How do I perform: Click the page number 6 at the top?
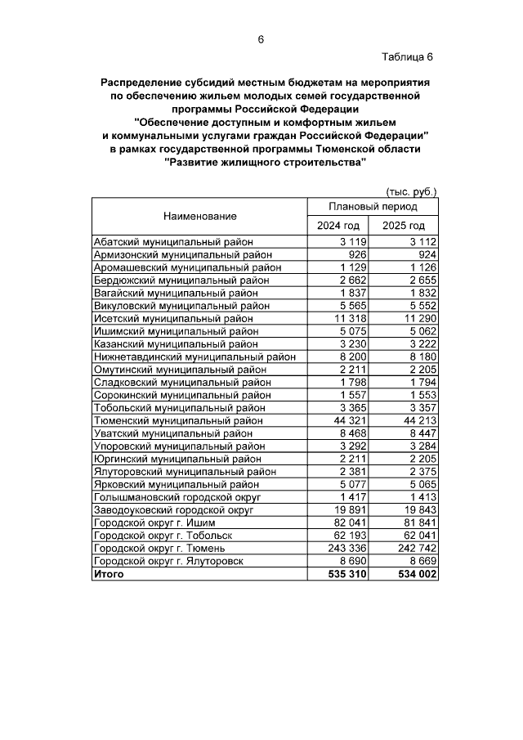click(261, 39)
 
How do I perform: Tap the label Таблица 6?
click(406, 56)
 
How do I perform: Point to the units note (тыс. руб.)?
click(410, 191)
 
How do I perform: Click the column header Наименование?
click(199, 217)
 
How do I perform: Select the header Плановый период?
click(372, 207)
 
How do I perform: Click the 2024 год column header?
click(338, 226)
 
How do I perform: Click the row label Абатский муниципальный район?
click(174, 242)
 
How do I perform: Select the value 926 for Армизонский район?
click(358, 254)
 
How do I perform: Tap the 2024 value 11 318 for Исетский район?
click(353, 318)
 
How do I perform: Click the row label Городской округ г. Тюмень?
click(159, 548)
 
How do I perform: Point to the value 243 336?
click(349, 548)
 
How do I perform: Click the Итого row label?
click(109, 574)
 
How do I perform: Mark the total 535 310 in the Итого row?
click(348, 574)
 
